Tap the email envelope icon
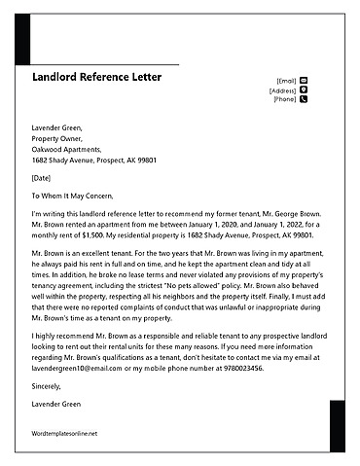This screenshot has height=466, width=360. coord(304,80)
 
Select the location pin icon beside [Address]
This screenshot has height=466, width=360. coord(304,90)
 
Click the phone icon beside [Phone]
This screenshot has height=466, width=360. coord(304,99)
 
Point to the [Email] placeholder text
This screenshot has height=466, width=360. coord(286,81)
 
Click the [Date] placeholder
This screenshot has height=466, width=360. coord(41,178)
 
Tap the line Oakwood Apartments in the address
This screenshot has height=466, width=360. coord(69,149)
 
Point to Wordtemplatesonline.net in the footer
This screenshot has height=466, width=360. coord(65,433)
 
